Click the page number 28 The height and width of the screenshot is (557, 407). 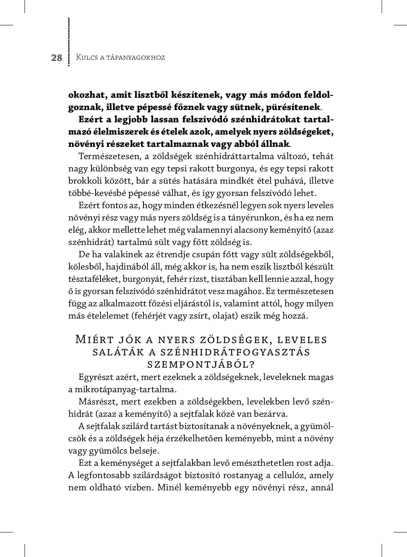click(57, 58)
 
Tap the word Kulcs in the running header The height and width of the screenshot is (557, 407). click(86, 57)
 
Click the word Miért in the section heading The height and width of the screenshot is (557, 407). click(93, 340)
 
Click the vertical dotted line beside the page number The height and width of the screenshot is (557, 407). click(69, 41)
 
